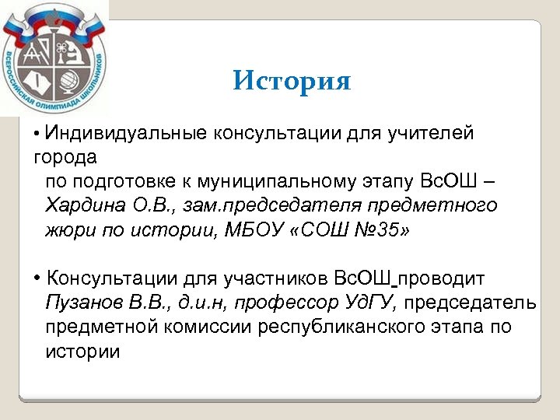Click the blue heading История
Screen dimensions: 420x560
pos(292,81)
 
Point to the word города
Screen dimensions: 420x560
pos(65,158)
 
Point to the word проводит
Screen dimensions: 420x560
pos(443,278)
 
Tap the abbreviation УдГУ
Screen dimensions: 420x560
pos(370,303)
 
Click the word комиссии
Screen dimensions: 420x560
pos(191,327)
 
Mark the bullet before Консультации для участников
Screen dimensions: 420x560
pos(37,278)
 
